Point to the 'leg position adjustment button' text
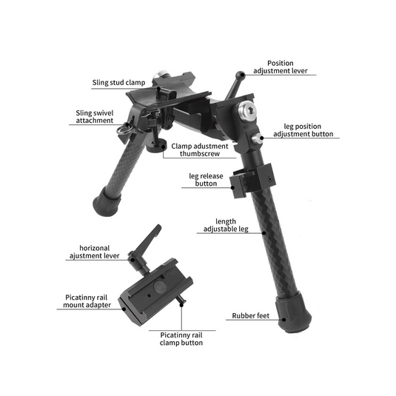point(303,130)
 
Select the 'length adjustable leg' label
point(226,226)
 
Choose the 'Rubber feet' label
point(253,316)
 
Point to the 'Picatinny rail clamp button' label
point(181,339)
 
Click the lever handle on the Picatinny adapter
point(150,241)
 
